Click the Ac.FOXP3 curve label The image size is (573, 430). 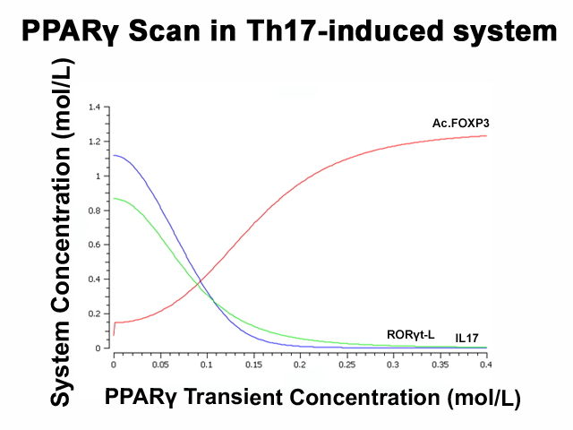click(460, 124)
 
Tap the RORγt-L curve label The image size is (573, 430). click(411, 334)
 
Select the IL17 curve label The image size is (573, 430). click(466, 339)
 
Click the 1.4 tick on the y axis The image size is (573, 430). click(94, 107)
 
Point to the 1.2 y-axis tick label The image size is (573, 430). click(94, 142)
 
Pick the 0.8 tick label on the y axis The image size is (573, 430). click(94, 211)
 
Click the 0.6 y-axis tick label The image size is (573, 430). click(94, 245)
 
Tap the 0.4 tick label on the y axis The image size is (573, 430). click(94, 279)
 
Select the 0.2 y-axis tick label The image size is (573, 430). click(94, 314)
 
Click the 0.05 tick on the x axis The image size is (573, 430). click(160, 365)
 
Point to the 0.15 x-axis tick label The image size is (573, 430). click(253, 365)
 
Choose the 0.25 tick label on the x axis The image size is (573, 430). click(346, 365)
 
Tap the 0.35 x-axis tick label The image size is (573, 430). click(440, 365)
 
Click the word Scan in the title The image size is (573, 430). click(165, 30)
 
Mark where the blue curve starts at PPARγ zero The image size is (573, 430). click(114, 155)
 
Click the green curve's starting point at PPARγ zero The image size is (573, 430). click(114, 199)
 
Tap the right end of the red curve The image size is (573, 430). click(486, 136)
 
